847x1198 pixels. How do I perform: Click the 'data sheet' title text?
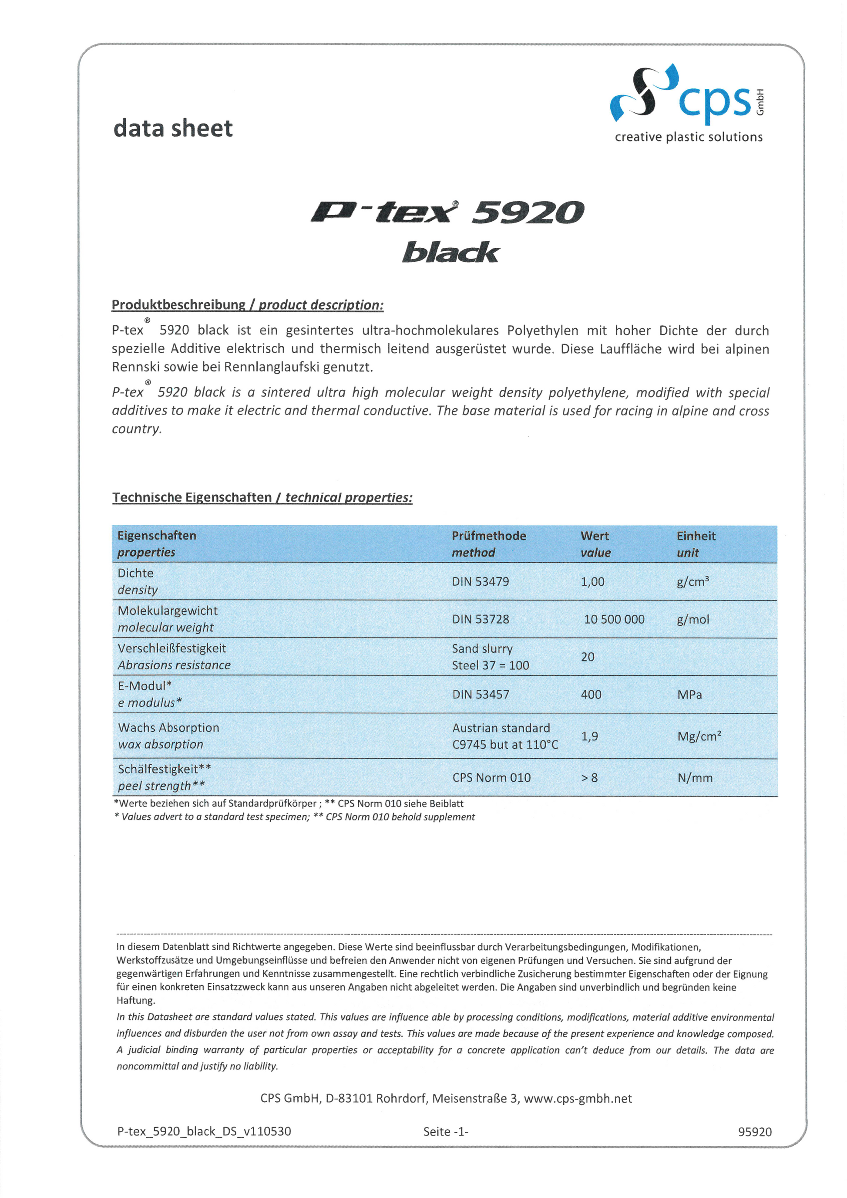point(173,128)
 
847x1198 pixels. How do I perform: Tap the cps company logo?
point(687,94)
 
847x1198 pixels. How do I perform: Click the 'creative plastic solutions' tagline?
point(688,137)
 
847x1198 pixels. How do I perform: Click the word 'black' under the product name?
point(450,252)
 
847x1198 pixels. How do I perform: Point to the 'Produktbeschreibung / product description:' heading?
point(247,305)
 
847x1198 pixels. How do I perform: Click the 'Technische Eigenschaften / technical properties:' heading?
point(262,498)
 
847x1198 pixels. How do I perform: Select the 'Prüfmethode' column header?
point(488,536)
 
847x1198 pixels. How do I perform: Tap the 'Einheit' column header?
point(696,536)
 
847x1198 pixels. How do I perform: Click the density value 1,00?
point(592,582)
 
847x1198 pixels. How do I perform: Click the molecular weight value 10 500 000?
point(614,619)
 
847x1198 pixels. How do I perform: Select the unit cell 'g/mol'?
point(692,619)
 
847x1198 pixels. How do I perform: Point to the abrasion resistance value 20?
point(587,657)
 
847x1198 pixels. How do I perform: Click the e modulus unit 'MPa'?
point(689,695)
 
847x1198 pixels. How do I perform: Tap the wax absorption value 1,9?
point(589,736)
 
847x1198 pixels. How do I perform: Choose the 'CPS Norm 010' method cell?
point(491,777)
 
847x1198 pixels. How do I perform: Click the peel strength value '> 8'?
point(589,777)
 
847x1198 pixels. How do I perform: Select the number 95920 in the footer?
point(754,1131)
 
